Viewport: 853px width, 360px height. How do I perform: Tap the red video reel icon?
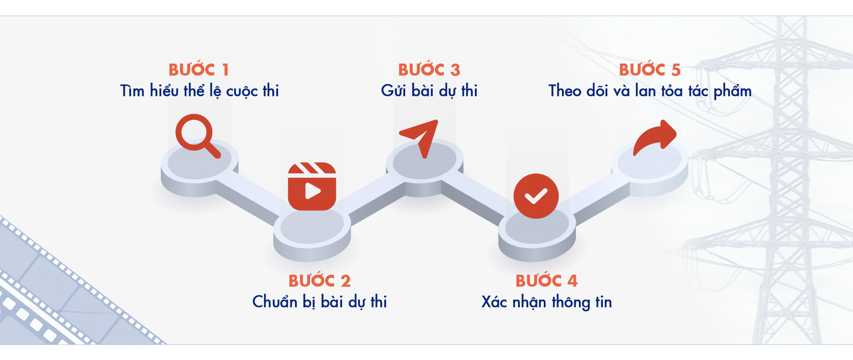tap(312, 186)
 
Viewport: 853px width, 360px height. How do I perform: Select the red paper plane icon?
tap(419, 138)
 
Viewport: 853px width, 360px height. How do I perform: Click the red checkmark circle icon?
tap(536, 196)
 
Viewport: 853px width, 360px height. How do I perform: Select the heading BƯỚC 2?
tap(319, 280)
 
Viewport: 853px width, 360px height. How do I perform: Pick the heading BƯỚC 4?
tap(546, 280)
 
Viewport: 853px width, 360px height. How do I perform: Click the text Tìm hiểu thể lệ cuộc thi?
tap(199, 91)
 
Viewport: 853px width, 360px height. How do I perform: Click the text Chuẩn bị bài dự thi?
tap(319, 302)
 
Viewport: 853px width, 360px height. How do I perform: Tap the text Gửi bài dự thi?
tap(429, 91)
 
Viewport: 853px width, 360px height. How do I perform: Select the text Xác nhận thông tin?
tap(546, 302)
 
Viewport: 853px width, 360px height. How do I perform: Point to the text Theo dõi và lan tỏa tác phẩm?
tap(650, 91)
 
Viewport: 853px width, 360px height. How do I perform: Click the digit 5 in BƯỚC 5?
tap(676, 70)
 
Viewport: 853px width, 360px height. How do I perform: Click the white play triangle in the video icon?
tap(313, 191)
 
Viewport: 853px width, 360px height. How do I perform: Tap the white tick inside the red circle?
tap(536, 196)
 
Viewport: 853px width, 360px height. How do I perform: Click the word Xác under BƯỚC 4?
tap(494, 301)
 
